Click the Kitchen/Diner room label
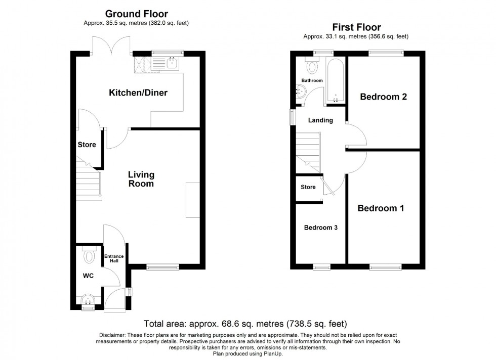pyautogui.click(x=138, y=93)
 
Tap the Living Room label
pyautogui.click(x=141, y=179)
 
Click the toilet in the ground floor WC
pyautogui.click(x=89, y=256)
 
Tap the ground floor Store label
pyautogui.click(x=87, y=145)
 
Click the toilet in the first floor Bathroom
pyautogui.click(x=312, y=66)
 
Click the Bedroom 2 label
pyautogui.click(x=383, y=97)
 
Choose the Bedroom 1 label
pyautogui.click(x=381, y=208)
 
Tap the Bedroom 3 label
pyautogui.click(x=320, y=228)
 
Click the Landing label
pyautogui.click(x=320, y=120)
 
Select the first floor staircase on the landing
pyautogui.click(x=308, y=149)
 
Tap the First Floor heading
pyautogui.click(x=356, y=27)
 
